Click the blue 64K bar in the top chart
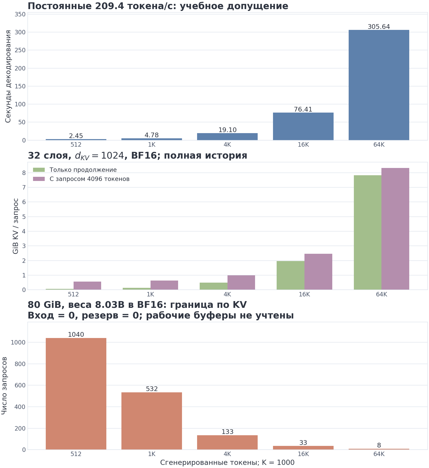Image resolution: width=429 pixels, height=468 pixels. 379,85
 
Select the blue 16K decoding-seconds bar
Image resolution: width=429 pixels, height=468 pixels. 303,126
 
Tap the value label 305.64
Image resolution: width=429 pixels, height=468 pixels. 379,27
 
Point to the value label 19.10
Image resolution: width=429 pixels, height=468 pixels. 227,130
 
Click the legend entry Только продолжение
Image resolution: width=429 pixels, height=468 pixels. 83,170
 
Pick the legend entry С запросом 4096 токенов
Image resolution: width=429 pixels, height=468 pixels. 89,179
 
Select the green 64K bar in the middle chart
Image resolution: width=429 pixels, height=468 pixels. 368,232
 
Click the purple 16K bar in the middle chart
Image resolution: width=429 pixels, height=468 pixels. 318,272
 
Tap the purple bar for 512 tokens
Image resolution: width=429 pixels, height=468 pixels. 87,285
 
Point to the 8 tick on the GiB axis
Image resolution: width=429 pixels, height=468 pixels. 24,173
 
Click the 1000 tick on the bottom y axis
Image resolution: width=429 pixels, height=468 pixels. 18,342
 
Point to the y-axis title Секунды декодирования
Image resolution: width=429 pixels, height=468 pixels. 8,76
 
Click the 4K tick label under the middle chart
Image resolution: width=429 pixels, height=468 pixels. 227,295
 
